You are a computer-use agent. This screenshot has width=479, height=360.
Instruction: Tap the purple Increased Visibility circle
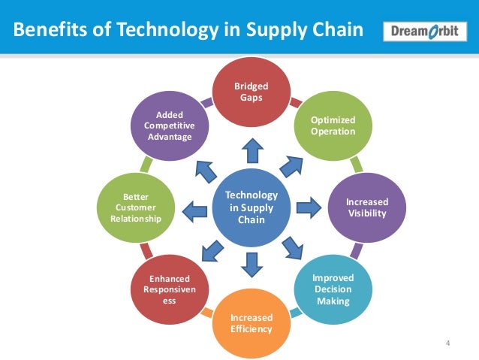point(366,207)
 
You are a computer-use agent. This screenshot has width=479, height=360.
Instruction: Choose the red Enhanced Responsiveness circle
point(170,289)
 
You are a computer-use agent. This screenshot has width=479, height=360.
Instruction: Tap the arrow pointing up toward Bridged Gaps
point(252,153)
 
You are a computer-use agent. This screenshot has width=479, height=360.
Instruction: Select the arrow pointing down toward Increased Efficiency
point(252,262)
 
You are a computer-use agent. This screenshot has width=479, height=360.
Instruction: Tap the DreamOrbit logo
point(423,32)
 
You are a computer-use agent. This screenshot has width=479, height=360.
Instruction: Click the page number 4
point(447,344)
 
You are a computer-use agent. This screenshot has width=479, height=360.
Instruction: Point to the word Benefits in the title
point(47,32)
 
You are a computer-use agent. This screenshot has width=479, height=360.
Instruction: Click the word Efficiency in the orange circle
point(252,328)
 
